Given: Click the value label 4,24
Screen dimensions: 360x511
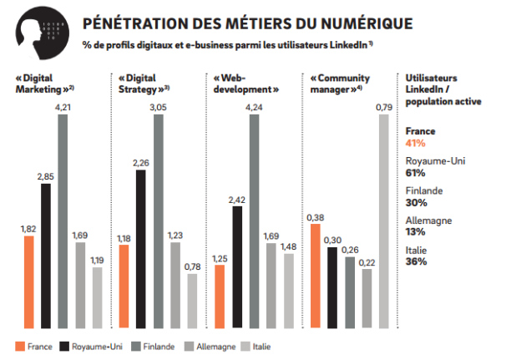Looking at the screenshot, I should (x=255, y=106).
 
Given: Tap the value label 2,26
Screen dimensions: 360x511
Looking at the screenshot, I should (x=142, y=163).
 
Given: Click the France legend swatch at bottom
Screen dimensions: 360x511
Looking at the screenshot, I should (x=20, y=345).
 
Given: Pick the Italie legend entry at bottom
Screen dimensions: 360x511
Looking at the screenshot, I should (x=254, y=345).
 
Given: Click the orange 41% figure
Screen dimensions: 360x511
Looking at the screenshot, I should (x=414, y=143).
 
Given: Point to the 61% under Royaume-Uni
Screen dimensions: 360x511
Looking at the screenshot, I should (x=414, y=173).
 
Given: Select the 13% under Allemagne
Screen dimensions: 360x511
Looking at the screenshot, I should (x=414, y=231).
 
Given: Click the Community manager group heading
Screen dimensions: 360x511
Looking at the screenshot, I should (x=336, y=82).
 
